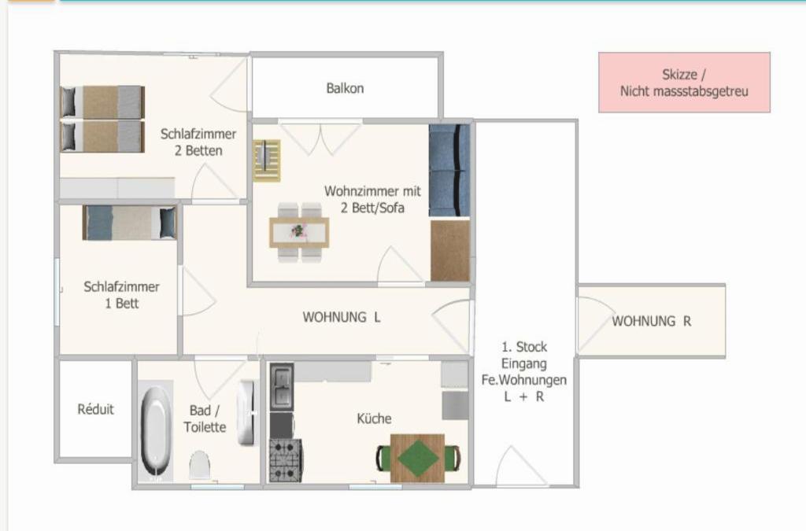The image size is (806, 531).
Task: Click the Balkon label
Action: coord(345,88)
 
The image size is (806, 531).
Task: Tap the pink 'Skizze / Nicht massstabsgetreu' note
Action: coord(684,82)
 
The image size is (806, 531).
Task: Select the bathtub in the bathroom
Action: coord(156,431)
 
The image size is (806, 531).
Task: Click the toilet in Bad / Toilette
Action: coord(199,465)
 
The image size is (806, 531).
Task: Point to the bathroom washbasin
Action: coord(246,413)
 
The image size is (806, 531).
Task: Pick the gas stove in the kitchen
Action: coord(285,461)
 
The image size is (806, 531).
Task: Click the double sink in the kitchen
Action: coord(282,387)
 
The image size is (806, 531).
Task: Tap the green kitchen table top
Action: coord(417,458)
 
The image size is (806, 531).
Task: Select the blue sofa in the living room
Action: coord(449,171)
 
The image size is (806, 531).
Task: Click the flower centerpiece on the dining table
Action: coord(298,231)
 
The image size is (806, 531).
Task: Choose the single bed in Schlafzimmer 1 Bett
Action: coord(130,223)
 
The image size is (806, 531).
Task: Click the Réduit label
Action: coord(95,409)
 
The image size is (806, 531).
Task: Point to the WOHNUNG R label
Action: coord(651,322)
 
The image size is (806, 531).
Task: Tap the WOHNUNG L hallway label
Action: coord(342,317)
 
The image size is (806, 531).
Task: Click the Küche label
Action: coord(374,419)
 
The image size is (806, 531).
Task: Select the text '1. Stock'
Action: coord(524,347)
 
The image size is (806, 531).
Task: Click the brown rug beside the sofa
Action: coord(449,251)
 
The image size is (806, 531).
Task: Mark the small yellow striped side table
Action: coord(267,160)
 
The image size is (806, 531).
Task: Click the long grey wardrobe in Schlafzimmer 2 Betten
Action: coord(117,188)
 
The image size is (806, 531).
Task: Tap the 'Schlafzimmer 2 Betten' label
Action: coord(198,142)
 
